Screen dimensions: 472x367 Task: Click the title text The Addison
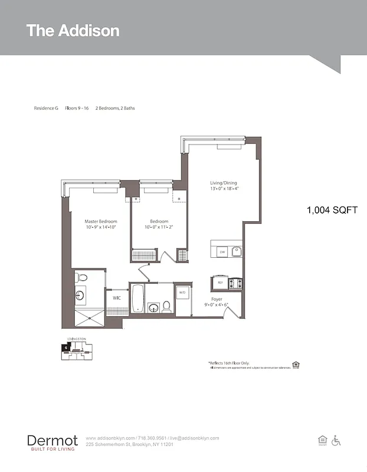tap(73, 31)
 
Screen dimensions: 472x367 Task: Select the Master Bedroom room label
tap(100, 221)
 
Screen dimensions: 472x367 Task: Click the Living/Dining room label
tap(223, 183)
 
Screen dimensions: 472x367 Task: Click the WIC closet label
tap(117, 298)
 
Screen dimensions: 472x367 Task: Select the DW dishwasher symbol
tap(222, 252)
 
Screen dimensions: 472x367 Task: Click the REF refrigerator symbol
tap(220, 283)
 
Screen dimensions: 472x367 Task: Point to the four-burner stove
tap(235, 283)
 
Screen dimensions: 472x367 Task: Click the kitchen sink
tap(236, 252)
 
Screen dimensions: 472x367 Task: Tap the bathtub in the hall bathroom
tap(137, 299)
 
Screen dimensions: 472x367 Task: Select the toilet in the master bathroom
tap(82, 277)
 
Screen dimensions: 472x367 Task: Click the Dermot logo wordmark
tap(52, 440)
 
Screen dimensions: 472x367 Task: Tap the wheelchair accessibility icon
tap(336, 440)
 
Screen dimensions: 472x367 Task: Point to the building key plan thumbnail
tap(76, 349)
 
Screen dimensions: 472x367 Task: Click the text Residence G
tap(45, 109)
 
